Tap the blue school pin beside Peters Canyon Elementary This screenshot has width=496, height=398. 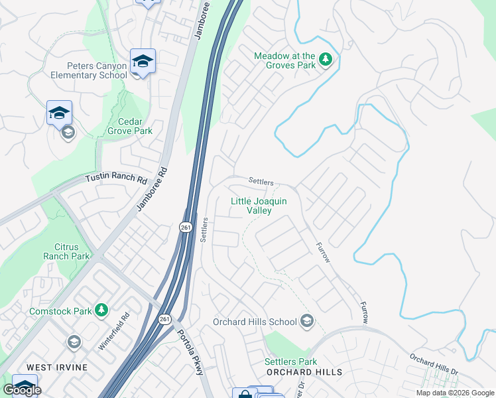pos(143,61)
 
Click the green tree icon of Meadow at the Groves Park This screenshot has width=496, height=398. pos(326,60)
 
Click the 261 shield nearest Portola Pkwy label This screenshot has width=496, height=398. pos(164,320)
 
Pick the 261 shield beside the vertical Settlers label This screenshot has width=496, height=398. pos(186,228)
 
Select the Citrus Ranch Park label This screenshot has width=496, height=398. pos(66,251)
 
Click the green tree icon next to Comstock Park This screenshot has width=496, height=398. pos(101,310)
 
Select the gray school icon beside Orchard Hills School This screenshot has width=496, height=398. pos(306,322)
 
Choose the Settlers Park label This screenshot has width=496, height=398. pos(290,362)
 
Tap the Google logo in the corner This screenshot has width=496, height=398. pos(22,390)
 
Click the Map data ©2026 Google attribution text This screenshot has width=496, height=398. pos(454,393)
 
